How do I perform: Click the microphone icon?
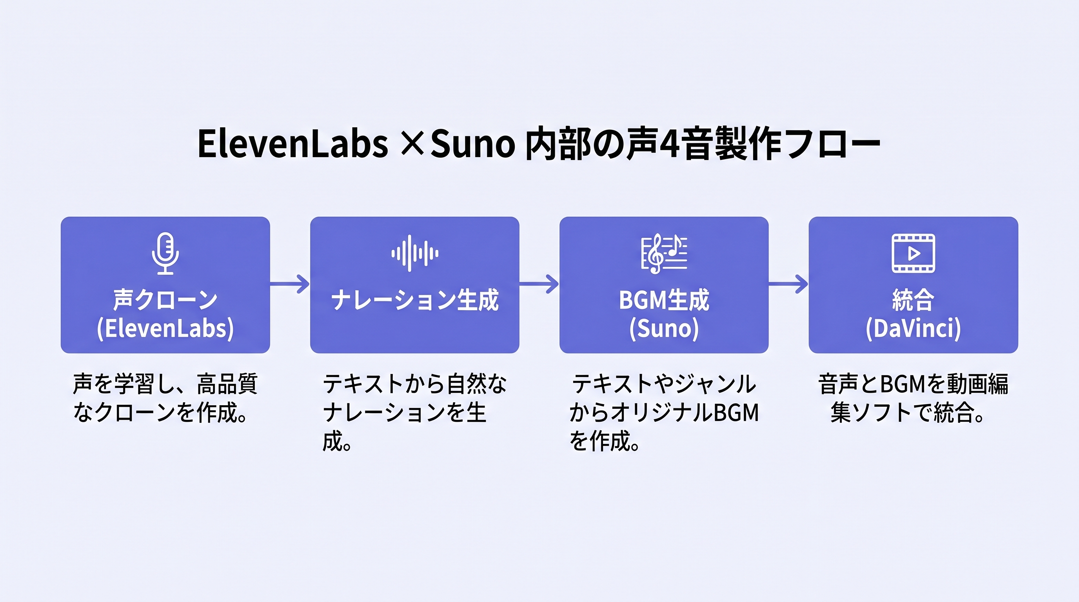click(x=165, y=253)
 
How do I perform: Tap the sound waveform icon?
click(x=415, y=253)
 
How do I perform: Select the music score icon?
click(x=664, y=253)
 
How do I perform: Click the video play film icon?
click(x=913, y=253)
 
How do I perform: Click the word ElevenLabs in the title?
click(x=292, y=143)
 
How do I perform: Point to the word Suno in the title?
click(x=472, y=143)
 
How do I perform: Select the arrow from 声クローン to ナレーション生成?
click(x=290, y=284)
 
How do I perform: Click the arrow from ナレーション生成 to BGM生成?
click(x=539, y=284)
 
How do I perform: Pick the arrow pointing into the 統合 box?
click(x=789, y=284)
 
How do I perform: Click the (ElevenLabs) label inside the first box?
click(x=165, y=328)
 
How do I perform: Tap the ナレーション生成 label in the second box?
click(x=415, y=300)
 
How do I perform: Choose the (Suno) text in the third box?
click(x=664, y=328)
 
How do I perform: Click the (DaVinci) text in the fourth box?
click(x=913, y=328)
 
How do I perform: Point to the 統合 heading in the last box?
click(x=913, y=300)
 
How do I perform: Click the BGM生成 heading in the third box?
click(x=664, y=300)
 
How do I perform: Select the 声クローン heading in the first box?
click(x=165, y=300)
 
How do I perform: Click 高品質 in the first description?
click(x=227, y=384)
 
